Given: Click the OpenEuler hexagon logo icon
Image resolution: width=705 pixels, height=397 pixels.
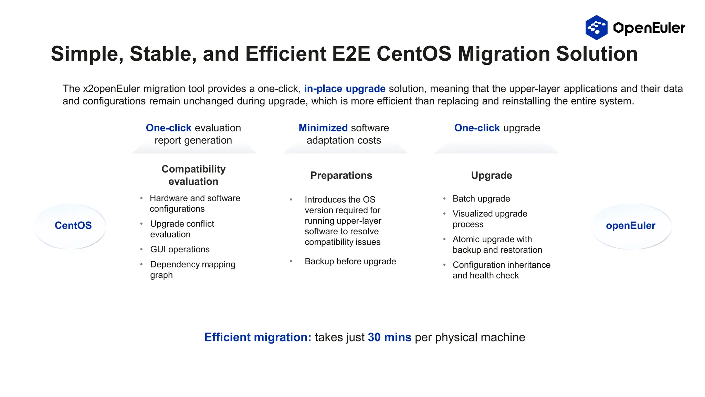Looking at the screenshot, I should coord(596,28).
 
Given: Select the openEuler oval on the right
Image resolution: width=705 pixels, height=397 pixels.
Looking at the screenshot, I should coord(631,226).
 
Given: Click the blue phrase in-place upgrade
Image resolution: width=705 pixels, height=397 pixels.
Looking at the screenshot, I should coord(345,89).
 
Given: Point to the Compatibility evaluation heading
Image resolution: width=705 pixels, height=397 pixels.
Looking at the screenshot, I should coord(193,175).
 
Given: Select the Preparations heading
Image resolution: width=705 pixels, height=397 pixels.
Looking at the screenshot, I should coord(341,175).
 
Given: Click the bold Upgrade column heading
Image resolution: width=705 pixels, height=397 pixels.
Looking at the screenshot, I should coord(491,175).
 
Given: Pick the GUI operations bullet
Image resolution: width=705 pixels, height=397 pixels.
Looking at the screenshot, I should coord(180,249).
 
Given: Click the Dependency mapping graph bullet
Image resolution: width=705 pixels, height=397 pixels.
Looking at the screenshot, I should coord(192,269).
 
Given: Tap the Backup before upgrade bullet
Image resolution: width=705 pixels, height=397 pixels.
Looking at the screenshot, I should coord(350,261).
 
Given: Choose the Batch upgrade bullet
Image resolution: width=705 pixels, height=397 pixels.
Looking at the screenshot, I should coord(481,198).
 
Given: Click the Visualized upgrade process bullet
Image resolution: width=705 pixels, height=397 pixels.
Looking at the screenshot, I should coord(490,219).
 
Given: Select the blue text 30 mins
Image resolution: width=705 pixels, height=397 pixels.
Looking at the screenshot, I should coord(389,337).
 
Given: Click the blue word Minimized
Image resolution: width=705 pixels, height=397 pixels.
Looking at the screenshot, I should coord(323,128).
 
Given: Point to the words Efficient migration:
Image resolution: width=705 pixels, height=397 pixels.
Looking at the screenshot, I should coord(257,337).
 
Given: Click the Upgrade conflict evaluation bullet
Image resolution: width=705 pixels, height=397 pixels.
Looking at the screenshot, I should coord(182,229).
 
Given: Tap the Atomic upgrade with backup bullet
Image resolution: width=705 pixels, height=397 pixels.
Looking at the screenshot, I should coord(497,244).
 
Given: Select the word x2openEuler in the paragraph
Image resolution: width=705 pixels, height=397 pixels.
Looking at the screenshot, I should coord(111,89).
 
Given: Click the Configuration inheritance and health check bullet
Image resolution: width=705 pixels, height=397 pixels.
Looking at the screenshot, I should coord(501,270).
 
